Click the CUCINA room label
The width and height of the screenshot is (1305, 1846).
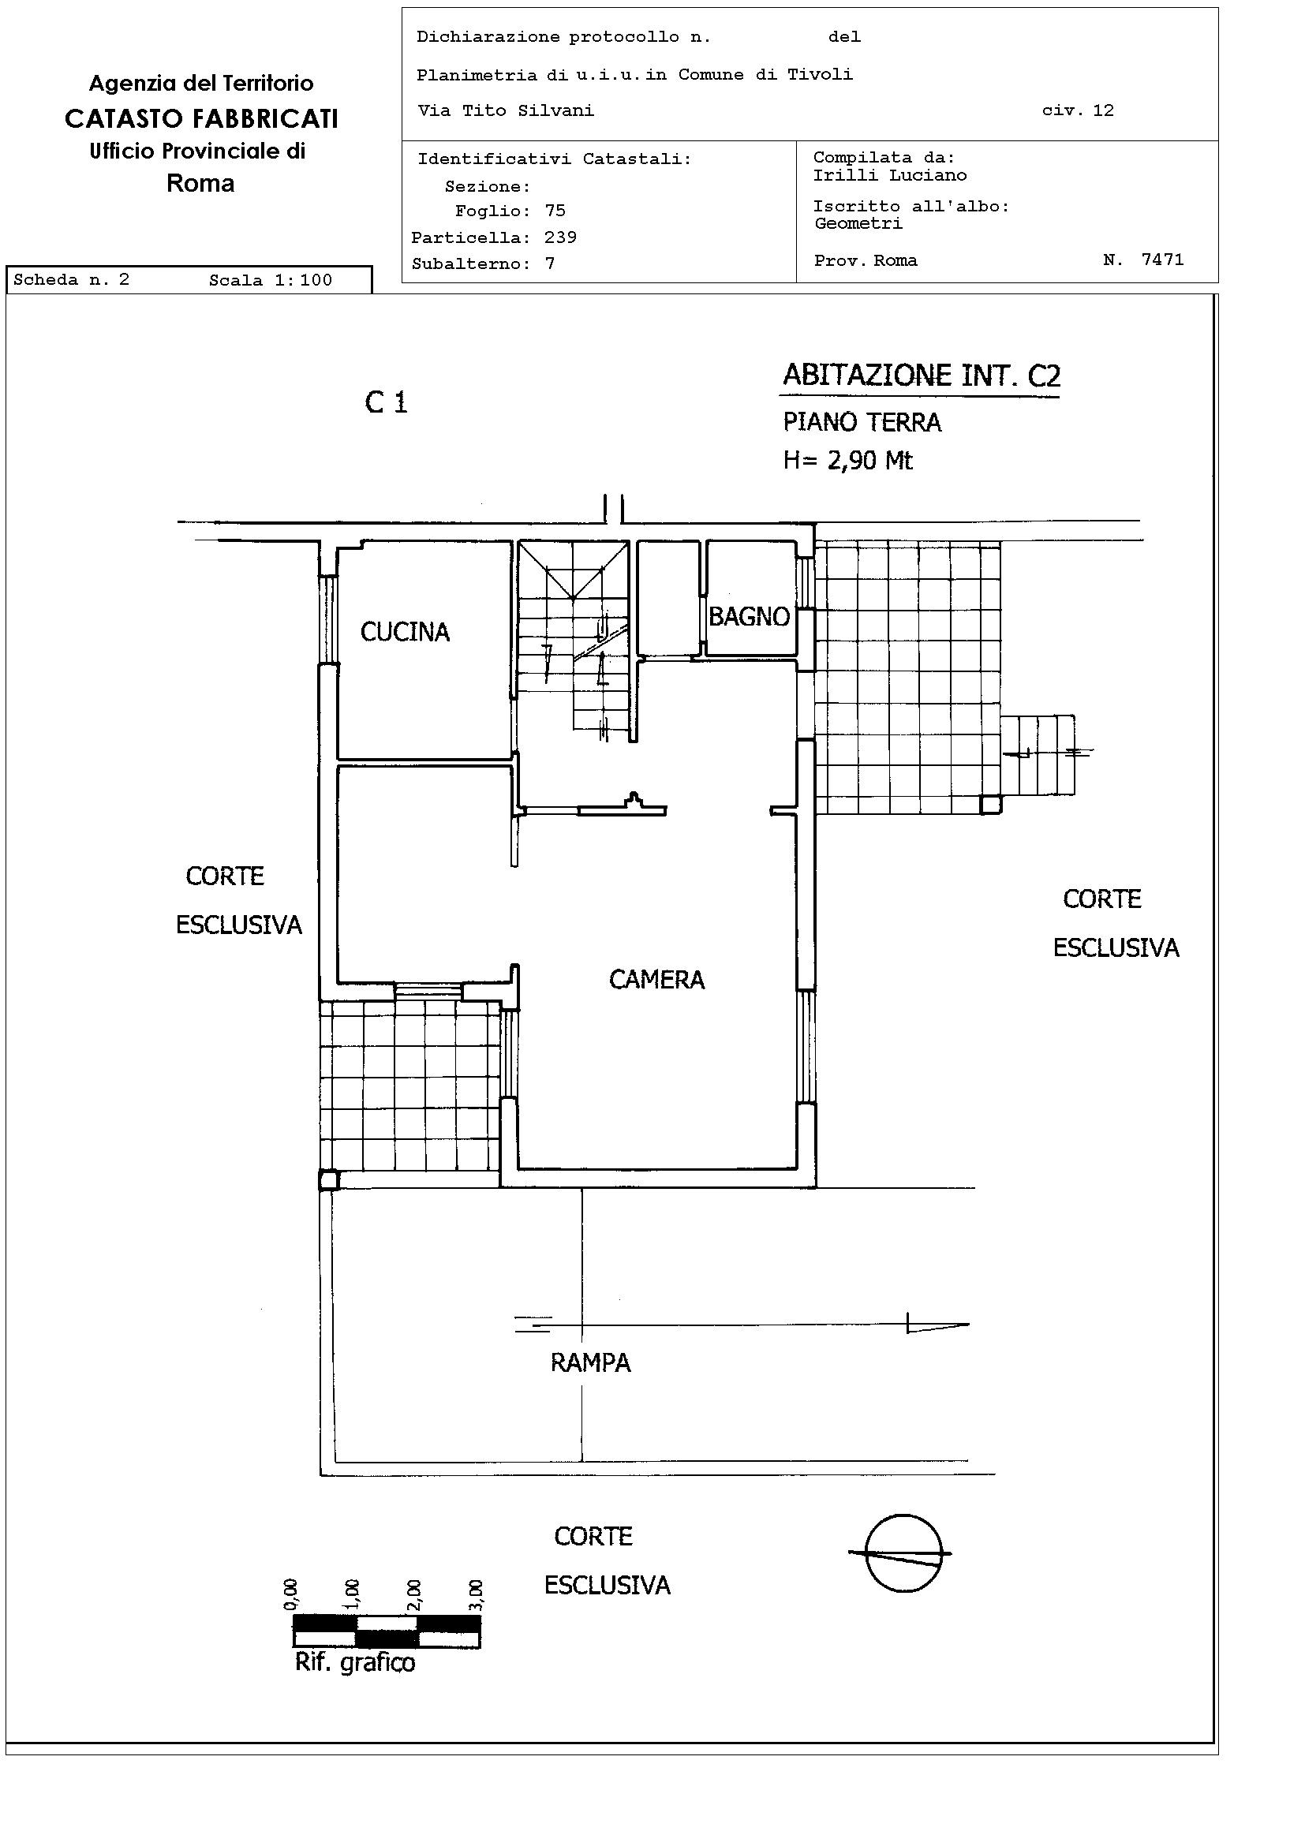coord(405,632)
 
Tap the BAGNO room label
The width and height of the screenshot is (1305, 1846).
coord(749,617)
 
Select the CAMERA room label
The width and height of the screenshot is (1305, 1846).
coord(657,979)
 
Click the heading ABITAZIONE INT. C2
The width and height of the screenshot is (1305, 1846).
coord(922,376)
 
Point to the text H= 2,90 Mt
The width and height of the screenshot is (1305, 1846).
coord(848,460)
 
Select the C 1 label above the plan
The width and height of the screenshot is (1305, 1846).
coord(386,402)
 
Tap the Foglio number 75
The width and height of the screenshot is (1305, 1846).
coord(555,211)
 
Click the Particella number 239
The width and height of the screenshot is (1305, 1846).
coord(560,237)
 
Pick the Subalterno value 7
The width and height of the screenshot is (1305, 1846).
coord(550,263)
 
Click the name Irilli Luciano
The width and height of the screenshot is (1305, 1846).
coord(890,175)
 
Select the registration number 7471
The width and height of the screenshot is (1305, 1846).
coord(1163,260)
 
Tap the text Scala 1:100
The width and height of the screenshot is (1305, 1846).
coord(270,281)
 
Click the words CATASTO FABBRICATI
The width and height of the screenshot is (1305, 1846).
coord(201,119)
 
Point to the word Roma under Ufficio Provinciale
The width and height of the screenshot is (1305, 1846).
coord(200,183)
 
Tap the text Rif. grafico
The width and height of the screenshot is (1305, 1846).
coord(354,1663)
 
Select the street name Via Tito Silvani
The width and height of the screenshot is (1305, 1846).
coord(506,111)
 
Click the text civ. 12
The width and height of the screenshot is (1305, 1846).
coord(1079,111)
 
